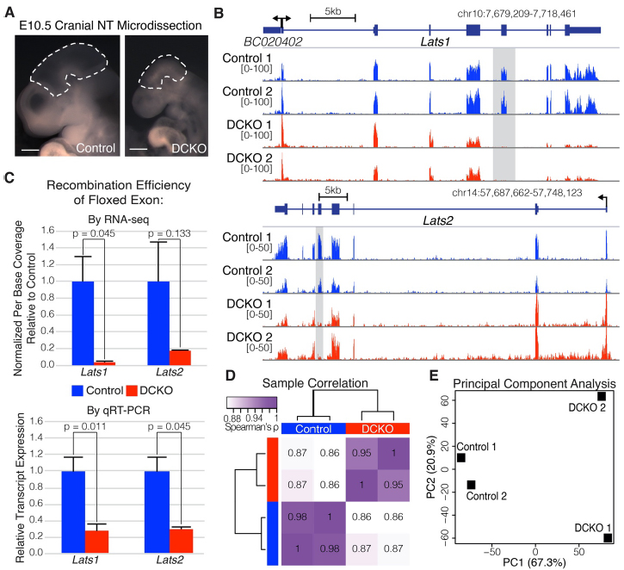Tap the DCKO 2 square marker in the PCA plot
(x=602, y=396)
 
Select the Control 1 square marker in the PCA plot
(x=461, y=457)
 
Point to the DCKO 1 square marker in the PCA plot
(x=608, y=538)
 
